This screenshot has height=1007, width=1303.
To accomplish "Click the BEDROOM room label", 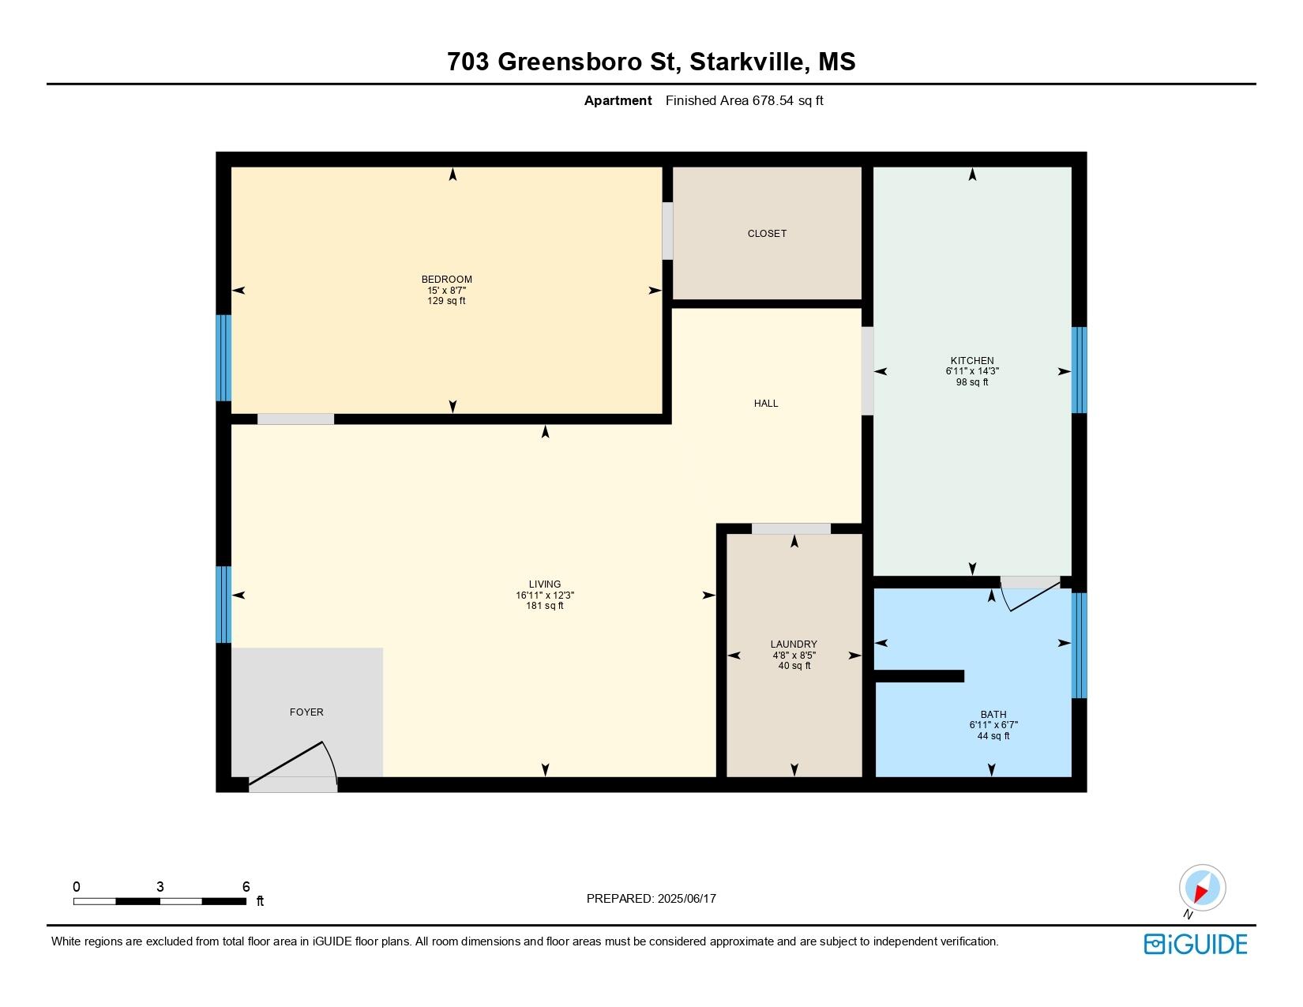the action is click(x=446, y=279).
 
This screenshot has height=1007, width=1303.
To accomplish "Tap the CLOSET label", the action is click(x=766, y=233).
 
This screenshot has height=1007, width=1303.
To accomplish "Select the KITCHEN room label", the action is click(x=972, y=360).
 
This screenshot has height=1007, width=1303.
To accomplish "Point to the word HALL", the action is click(x=766, y=403).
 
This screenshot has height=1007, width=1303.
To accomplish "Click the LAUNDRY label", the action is click(x=794, y=644).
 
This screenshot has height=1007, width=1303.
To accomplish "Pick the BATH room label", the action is click(x=993, y=714).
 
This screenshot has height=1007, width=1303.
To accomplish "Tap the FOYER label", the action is click(x=306, y=712).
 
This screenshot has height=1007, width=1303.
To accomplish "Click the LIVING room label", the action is click(x=544, y=584).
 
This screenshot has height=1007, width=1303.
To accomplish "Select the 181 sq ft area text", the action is click(x=544, y=606).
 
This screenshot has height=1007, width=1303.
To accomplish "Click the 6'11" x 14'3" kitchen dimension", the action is click(x=972, y=371).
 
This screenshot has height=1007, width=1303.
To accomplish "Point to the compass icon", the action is click(x=1202, y=888).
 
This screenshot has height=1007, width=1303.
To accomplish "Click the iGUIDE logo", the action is click(x=1195, y=944).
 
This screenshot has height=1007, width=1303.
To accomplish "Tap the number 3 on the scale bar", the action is click(x=160, y=886).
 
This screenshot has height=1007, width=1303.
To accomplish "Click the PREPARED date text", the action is click(x=651, y=899).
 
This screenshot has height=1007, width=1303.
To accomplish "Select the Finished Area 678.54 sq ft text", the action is click(x=744, y=101).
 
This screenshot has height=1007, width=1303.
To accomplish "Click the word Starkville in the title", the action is click(x=746, y=62).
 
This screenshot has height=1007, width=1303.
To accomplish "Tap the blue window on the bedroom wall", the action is click(x=223, y=358).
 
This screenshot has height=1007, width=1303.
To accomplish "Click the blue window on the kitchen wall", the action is click(x=1079, y=370).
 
